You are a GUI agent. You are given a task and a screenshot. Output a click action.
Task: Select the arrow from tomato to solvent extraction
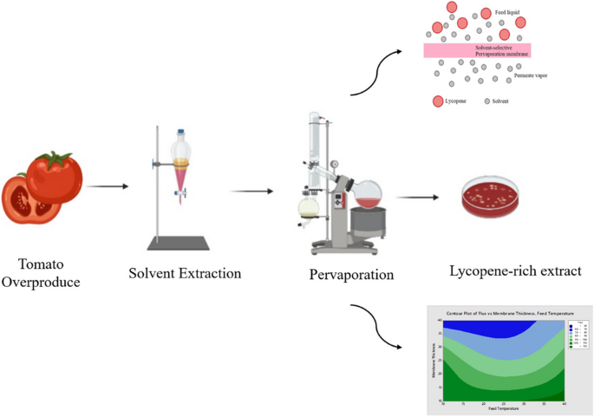click(107, 186)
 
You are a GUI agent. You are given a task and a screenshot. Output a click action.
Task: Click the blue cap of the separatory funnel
click(181, 134)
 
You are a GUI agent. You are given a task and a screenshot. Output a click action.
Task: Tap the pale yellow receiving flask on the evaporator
click(308, 208)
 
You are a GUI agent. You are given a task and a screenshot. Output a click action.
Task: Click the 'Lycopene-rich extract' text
click(515, 270)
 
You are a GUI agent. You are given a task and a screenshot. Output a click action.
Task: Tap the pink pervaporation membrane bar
click(482, 50)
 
